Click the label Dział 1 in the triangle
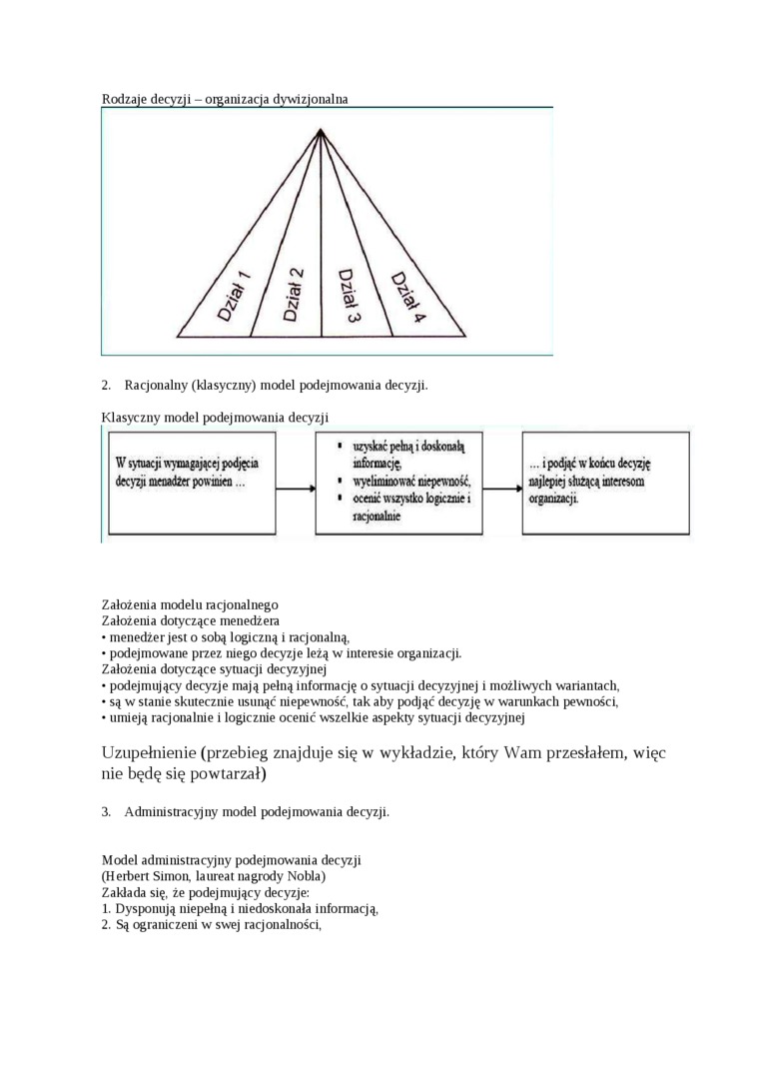click(x=234, y=296)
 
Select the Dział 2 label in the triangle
click(x=294, y=294)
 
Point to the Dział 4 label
click(x=407, y=297)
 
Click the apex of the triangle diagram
click(x=320, y=129)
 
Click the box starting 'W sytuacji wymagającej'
click(x=190, y=484)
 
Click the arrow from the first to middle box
click(x=296, y=489)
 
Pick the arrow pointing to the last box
click(x=505, y=489)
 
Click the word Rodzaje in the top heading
click(x=125, y=99)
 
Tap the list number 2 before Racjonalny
click(x=106, y=385)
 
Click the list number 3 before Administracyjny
click(x=106, y=811)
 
